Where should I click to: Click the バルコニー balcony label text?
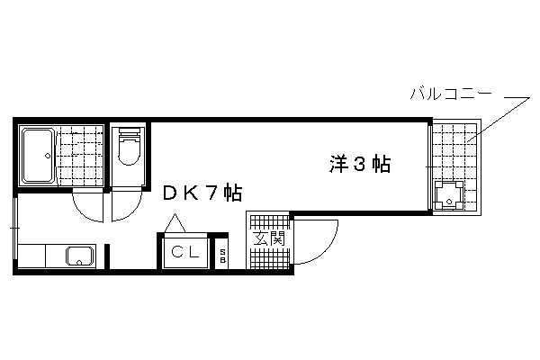coord(451,94)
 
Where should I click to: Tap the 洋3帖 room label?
coord(360,165)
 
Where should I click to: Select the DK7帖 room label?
coord(202,193)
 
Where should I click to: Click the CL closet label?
coord(185,252)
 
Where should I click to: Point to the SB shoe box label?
coord(222,256)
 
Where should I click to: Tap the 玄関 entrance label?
coord(269,238)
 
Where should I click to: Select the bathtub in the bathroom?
coord(38,155)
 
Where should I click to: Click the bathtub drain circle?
coord(48,156)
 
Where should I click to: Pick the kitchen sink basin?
coord(81,256)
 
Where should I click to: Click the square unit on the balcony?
coord(449,195)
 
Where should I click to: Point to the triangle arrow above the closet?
coord(175,223)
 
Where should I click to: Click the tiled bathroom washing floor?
coord(80,155)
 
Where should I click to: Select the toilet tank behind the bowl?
coord(130,130)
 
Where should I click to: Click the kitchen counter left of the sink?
coord(31,256)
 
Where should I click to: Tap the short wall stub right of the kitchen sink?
coord(107,256)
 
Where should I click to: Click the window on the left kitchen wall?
coord(14,228)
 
